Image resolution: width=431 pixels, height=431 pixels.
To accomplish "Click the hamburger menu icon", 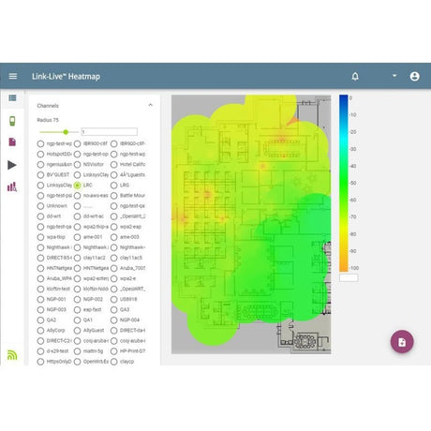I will pyautogui.click(x=13, y=76).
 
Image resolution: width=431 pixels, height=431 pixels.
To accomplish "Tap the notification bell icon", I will pyautogui.click(x=355, y=76).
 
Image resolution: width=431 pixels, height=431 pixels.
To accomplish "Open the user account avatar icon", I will pyautogui.click(x=414, y=76).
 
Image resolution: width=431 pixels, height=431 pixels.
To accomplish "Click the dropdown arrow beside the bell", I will pyautogui.click(x=394, y=76).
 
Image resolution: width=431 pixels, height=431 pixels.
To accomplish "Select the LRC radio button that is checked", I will pyautogui.click(x=78, y=186).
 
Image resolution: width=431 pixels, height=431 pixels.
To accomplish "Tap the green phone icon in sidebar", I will pyautogui.click(x=13, y=120).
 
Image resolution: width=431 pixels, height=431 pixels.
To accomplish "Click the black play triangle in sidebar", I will pyautogui.click(x=13, y=165).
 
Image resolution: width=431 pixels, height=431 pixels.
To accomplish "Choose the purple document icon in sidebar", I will pyautogui.click(x=13, y=141).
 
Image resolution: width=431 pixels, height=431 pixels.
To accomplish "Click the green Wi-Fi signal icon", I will pyautogui.click(x=13, y=354).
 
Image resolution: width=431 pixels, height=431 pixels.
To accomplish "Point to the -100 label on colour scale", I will pyautogui.click(x=355, y=267).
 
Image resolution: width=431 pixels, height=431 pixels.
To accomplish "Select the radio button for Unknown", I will pyautogui.click(x=41, y=205).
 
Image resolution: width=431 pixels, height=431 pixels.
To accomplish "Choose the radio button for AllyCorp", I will pyautogui.click(x=41, y=330).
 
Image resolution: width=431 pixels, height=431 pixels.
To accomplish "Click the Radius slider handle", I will pyautogui.click(x=67, y=132).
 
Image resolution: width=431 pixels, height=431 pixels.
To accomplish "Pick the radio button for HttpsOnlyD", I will pyautogui.click(x=41, y=361).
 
